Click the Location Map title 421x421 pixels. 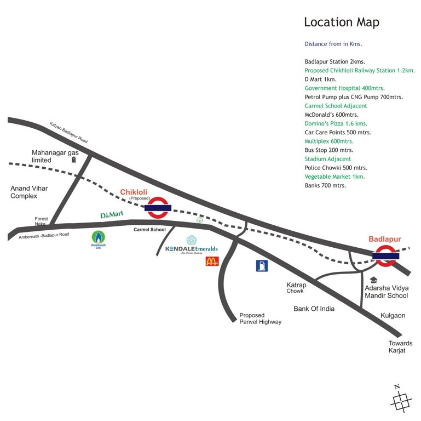341,22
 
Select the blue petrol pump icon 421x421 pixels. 262,266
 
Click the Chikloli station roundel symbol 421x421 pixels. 158,207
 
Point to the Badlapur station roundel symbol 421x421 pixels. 385,255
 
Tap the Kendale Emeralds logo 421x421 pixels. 192,246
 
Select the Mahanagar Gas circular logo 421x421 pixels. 97,239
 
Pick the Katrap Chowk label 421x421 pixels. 296,288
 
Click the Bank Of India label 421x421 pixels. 314,309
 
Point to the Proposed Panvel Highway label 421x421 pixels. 260,318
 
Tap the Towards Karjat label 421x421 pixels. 400,346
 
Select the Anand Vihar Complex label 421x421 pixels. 29,192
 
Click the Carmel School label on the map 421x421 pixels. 149,230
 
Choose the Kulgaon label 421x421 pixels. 393,316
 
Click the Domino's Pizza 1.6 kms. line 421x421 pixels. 336,123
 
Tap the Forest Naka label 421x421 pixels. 42,221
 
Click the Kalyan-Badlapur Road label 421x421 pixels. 69,132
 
